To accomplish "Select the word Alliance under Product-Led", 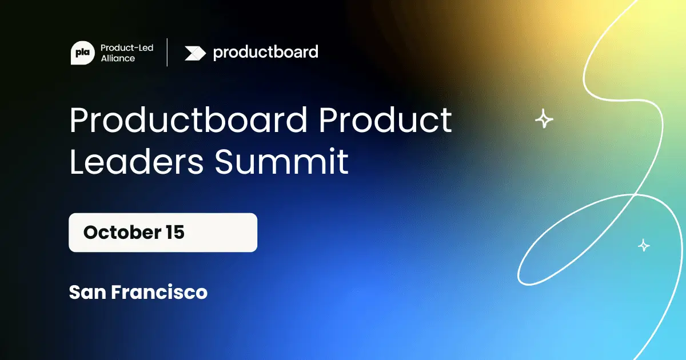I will click(x=117, y=58).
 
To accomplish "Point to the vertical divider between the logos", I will click(x=167, y=53).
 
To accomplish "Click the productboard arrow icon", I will click(x=195, y=53).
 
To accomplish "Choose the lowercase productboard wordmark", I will click(x=265, y=53).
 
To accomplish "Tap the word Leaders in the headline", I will click(x=136, y=161).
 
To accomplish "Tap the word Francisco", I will click(x=159, y=293).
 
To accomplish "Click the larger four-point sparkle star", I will click(x=544, y=119).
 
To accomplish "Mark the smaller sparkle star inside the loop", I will click(x=644, y=245).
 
